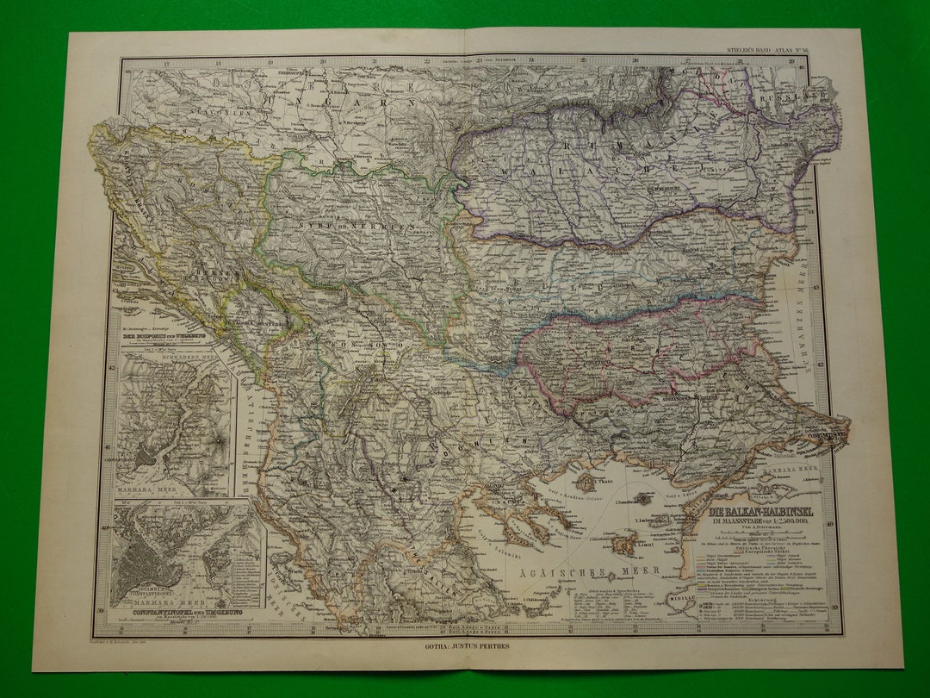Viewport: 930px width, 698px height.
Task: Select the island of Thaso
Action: click(586, 482)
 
